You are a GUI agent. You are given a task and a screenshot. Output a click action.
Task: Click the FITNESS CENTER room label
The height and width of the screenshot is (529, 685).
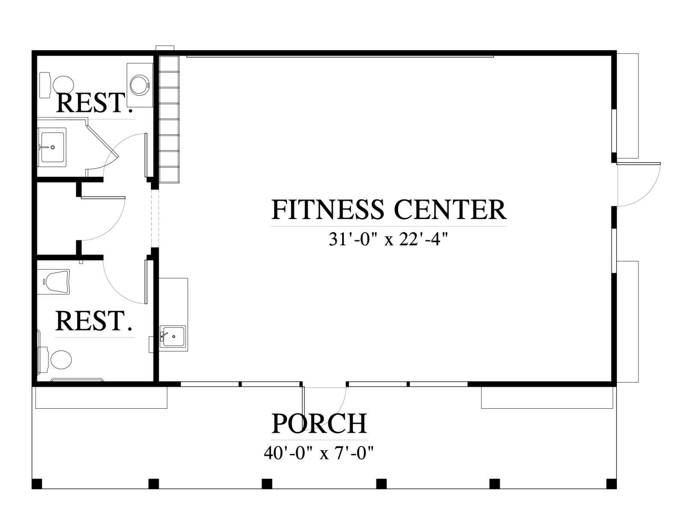(x=389, y=209)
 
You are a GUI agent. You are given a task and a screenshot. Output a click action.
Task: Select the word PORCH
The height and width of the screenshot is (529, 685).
(x=319, y=424)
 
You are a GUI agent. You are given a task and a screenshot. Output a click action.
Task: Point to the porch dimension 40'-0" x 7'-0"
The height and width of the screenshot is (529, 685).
(x=319, y=454)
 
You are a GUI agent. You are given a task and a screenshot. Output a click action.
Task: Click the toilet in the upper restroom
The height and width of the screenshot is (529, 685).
(x=57, y=85)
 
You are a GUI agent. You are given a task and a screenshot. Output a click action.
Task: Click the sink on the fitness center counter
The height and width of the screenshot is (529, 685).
(x=173, y=336)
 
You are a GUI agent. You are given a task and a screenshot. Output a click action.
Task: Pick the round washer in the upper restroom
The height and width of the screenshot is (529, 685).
(x=140, y=85)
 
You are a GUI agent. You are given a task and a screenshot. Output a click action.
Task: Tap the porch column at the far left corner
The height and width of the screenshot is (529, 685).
(x=37, y=483)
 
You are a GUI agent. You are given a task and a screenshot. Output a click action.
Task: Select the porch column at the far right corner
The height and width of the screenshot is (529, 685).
(x=611, y=483)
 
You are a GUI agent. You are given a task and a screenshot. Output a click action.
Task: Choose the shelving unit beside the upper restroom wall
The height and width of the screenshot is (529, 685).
(x=169, y=119)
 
